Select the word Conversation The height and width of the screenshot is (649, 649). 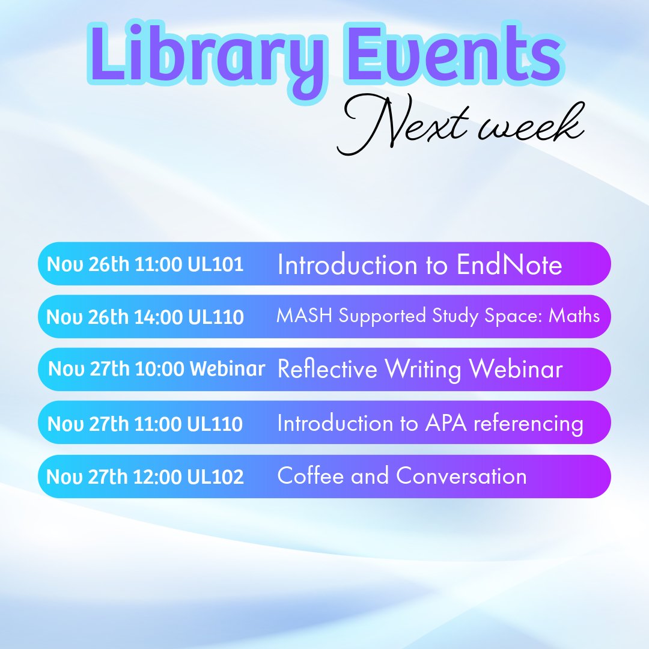click(x=462, y=476)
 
